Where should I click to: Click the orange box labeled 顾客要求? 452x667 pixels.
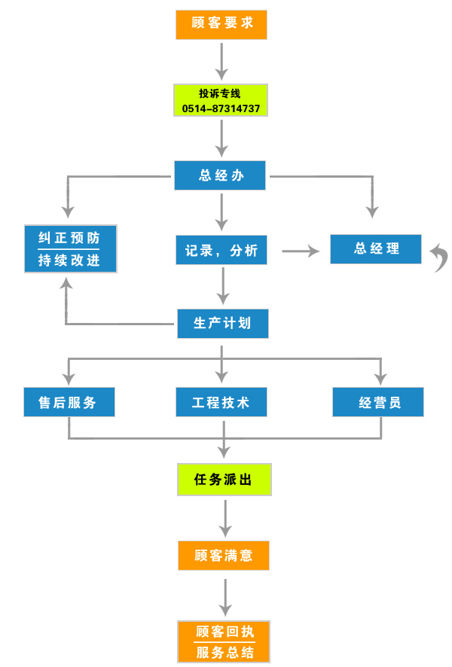click(x=221, y=25)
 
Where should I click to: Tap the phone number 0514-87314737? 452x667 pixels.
click(x=221, y=108)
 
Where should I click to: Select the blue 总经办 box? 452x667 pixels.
click(x=220, y=175)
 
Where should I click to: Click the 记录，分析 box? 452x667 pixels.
click(x=221, y=250)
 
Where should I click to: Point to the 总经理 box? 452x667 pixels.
click(x=376, y=249)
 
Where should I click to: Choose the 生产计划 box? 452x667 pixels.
click(x=222, y=324)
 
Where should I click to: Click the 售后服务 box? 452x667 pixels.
click(x=69, y=402)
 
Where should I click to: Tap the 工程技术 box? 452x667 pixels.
click(x=221, y=402)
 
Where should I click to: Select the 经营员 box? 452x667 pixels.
click(x=378, y=402)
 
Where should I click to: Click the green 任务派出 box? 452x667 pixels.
click(x=224, y=480)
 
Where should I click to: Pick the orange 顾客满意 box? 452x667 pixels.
click(x=224, y=556)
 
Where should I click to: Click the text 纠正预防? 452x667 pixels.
click(x=69, y=238)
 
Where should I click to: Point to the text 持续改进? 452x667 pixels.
click(x=69, y=260)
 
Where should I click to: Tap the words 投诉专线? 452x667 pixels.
click(x=220, y=93)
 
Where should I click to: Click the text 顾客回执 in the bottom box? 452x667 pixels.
click(x=224, y=632)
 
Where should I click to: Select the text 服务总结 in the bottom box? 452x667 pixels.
click(x=224, y=652)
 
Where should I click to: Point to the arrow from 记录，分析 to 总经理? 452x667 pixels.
click(x=301, y=251)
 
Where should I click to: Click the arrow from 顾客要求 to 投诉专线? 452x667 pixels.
click(x=221, y=61)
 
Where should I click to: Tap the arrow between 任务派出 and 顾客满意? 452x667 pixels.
click(x=225, y=518)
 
